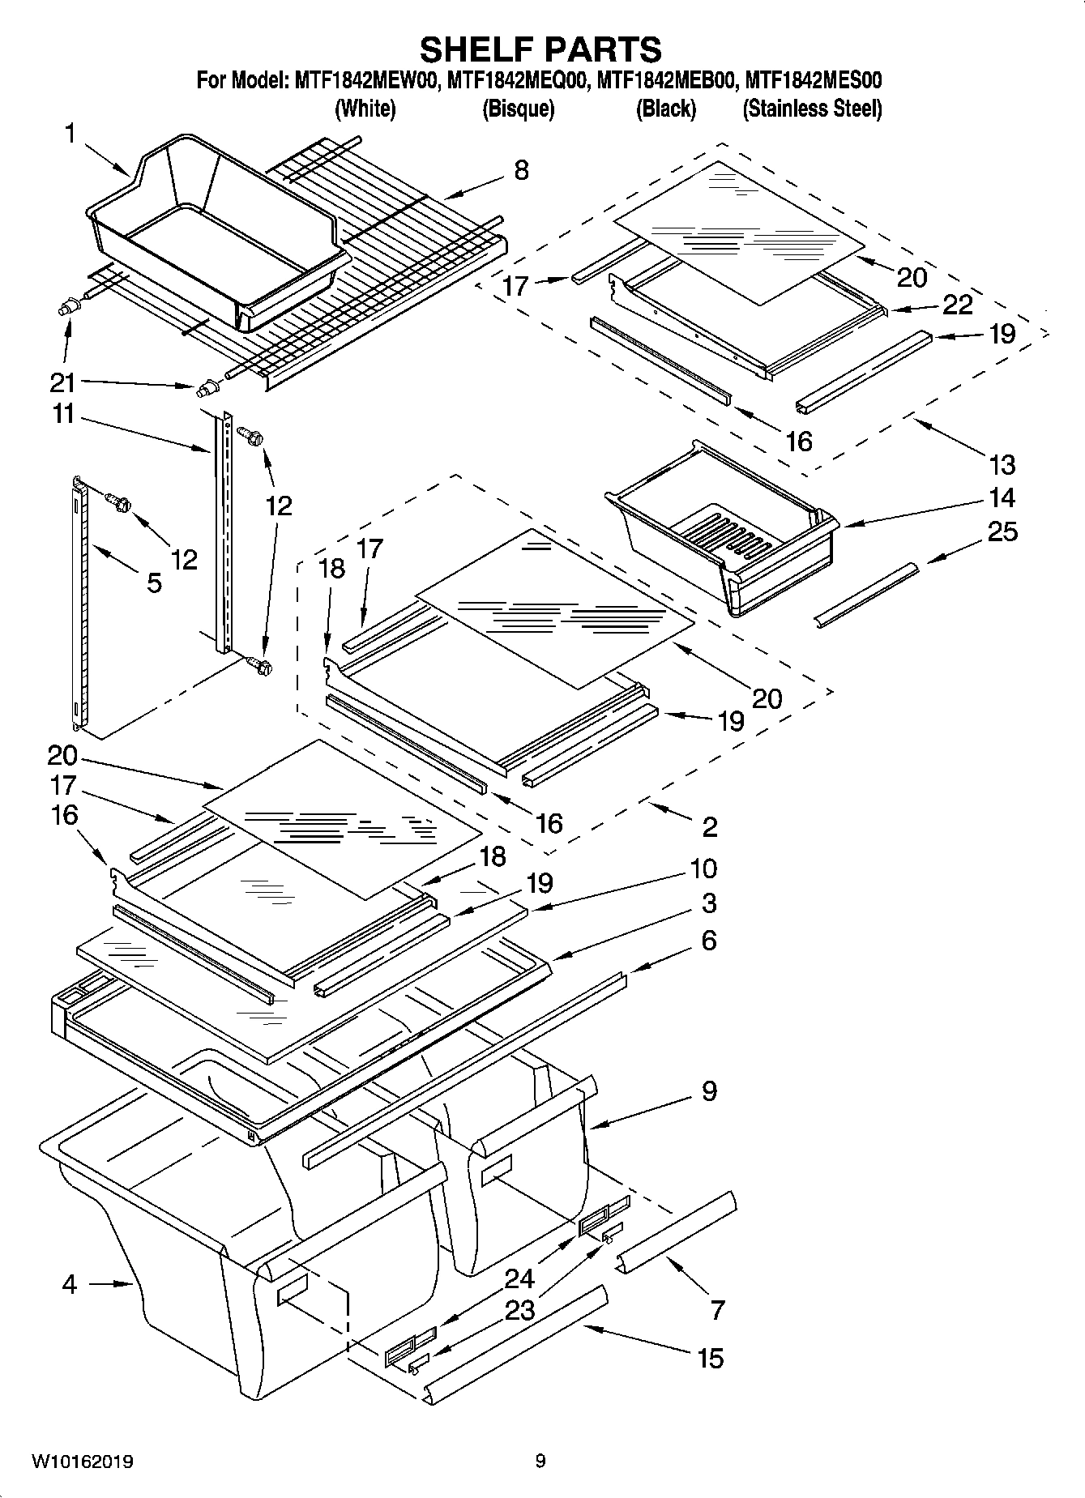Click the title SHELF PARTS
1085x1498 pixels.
(540, 50)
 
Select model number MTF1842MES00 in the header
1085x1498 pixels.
(813, 81)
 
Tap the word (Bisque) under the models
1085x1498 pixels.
(518, 109)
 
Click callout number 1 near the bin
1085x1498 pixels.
(70, 134)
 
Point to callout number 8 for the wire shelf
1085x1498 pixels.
(521, 170)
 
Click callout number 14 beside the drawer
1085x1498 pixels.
(1002, 497)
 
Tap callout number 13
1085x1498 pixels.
(1002, 465)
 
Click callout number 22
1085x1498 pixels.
(958, 305)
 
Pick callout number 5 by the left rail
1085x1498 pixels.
(154, 582)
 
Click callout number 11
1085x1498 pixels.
(63, 415)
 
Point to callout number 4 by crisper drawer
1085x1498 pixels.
(70, 1284)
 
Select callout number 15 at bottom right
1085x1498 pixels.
(710, 1358)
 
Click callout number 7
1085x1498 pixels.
(716, 1309)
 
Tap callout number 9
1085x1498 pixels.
(709, 1091)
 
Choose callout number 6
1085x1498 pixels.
(709, 941)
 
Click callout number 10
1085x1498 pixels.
(703, 868)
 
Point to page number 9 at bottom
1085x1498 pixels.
(540, 1462)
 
